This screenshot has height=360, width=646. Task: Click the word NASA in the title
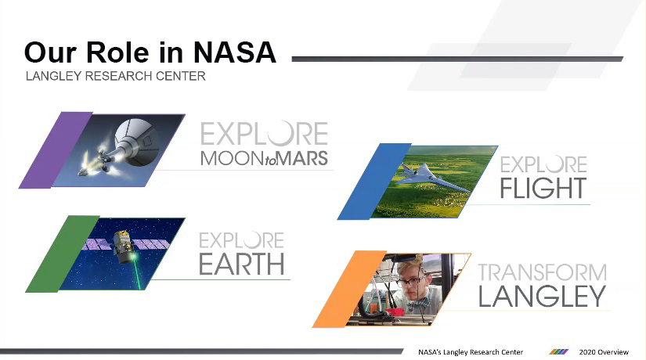coord(235,52)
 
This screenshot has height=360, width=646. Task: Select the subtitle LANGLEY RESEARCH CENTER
coord(115,76)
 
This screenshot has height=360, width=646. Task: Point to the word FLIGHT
coord(543,189)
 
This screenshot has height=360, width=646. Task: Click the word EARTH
coord(242,264)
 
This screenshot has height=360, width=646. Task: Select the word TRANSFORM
coord(542,272)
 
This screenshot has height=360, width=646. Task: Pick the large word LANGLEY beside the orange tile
coord(542,296)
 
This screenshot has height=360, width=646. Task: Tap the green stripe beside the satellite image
coord(63,254)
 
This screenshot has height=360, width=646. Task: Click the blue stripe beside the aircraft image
coord(374,182)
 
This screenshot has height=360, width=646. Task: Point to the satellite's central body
coord(123,247)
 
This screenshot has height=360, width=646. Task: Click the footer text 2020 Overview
coord(604,352)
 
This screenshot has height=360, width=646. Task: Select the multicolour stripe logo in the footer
coord(559,351)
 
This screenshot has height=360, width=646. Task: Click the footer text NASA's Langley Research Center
coord(471,352)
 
